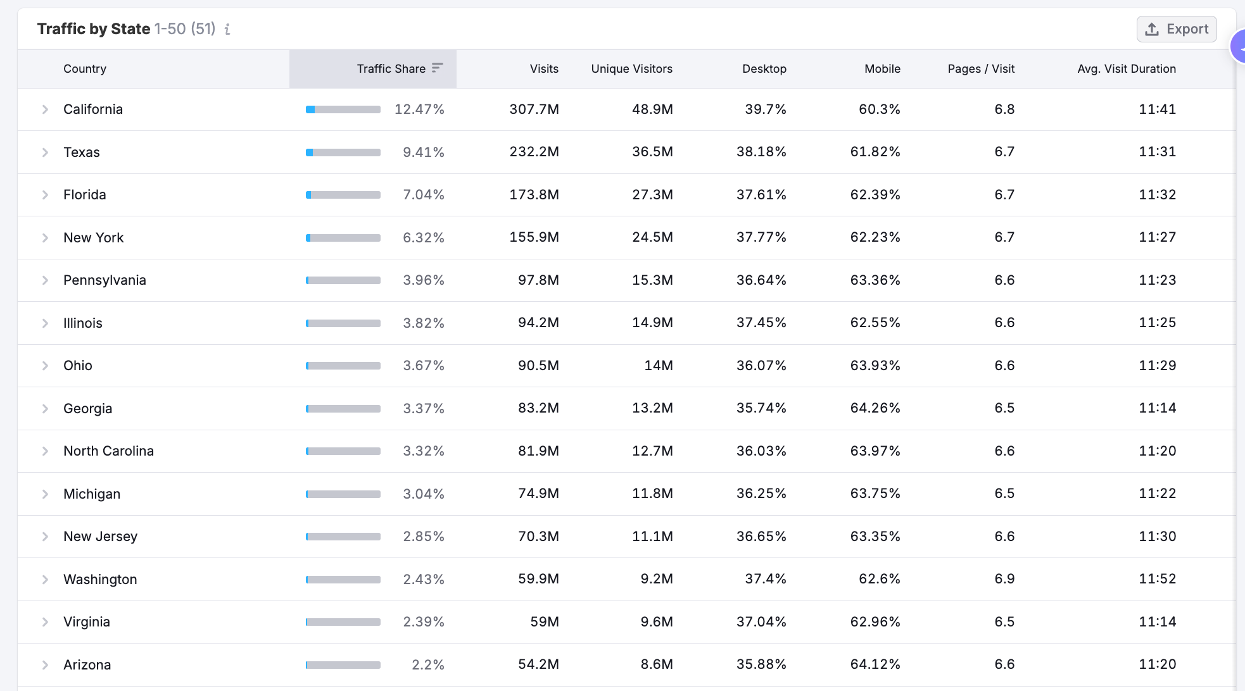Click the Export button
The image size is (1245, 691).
point(1177,29)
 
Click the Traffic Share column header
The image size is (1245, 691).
point(391,68)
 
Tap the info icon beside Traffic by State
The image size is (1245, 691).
point(227,29)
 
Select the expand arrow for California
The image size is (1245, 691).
point(45,109)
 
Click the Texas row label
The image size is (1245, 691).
point(82,152)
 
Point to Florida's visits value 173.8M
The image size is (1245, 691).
point(534,195)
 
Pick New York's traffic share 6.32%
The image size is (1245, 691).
point(423,237)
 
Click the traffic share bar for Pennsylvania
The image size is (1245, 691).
point(343,280)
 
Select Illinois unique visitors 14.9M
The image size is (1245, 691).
point(652,323)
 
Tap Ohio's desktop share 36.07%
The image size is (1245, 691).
point(761,366)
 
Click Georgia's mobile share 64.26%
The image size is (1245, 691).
point(875,408)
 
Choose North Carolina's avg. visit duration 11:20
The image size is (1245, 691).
point(1157,451)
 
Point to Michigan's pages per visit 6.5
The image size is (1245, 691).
point(1004,494)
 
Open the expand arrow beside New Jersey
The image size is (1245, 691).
point(45,537)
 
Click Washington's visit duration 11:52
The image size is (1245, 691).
point(1157,579)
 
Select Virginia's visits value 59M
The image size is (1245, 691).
point(545,622)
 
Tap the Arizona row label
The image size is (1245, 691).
point(87,664)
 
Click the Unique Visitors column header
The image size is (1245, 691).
point(631,68)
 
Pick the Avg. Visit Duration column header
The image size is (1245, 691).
point(1127,68)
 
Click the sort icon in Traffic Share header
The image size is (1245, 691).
point(438,68)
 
